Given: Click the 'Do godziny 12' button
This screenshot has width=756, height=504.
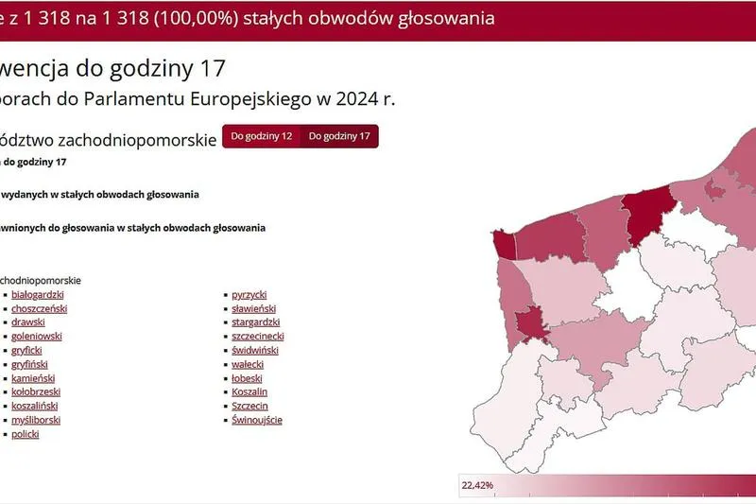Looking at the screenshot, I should click(x=262, y=136).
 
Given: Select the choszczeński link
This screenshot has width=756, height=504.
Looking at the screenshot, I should click(x=39, y=308).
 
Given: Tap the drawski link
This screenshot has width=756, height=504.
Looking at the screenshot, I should click(x=28, y=322).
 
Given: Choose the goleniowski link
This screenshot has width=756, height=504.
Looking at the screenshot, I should click(x=37, y=336).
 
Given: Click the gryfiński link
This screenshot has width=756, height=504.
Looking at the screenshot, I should click(x=29, y=364).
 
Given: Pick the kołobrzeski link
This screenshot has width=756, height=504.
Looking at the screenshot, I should click(x=36, y=391).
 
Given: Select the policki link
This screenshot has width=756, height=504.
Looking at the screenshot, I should click(x=26, y=434).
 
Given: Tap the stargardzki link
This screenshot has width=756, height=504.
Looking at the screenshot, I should click(x=255, y=322).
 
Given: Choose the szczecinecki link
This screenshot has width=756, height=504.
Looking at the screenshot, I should click(x=258, y=336).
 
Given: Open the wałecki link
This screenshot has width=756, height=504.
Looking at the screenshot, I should click(x=248, y=364).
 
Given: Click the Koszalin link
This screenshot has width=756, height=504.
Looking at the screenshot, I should click(x=249, y=391).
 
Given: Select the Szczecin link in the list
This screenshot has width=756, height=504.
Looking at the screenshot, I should click(x=249, y=406).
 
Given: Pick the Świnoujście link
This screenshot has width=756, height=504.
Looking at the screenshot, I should click(x=257, y=420).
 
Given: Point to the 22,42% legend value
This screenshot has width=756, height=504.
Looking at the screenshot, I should click(x=477, y=486).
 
